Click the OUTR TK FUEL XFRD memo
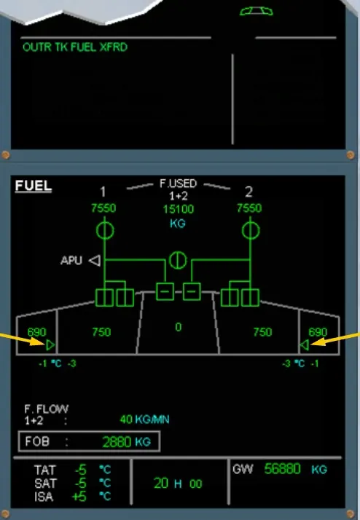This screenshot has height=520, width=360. (x=75, y=47)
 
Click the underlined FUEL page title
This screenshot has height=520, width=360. (x=34, y=186)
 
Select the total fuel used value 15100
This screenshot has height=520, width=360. (x=178, y=209)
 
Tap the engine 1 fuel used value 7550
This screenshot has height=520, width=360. (x=103, y=208)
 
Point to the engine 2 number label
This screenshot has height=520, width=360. (x=249, y=192)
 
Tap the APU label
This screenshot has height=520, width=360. (x=71, y=260)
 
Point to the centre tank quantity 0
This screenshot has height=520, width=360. (x=179, y=327)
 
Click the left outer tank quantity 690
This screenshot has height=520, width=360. (x=37, y=332)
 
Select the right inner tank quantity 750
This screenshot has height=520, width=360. (x=262, y=332)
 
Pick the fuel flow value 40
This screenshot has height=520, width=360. (x=126, y=419)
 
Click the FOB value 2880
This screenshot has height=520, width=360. (x=117, y=442)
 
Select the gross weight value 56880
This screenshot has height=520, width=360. (x=282, y=469)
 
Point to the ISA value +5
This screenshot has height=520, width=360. (x=79, y=497)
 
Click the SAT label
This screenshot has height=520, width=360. (x=45, y=484)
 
